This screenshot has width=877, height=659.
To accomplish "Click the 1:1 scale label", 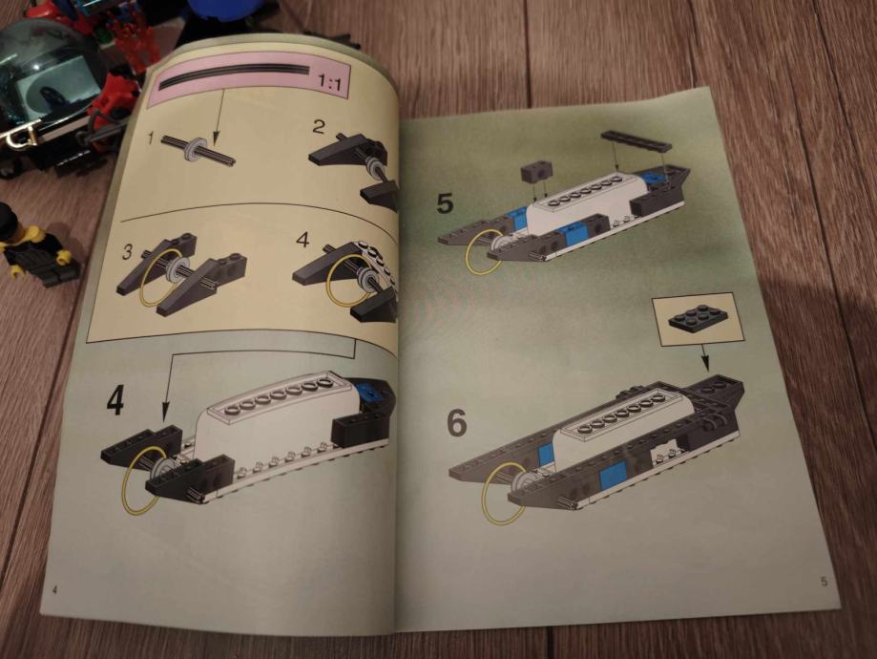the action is pos(330,84).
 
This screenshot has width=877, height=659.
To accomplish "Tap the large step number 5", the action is pos(446,202).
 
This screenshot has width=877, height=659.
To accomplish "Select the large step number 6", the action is pos(457,423).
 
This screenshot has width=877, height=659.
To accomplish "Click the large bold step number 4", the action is pos(115,400).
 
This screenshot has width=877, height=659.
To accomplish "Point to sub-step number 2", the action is pos(318,126).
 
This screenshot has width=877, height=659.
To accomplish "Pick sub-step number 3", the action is pos(128,252).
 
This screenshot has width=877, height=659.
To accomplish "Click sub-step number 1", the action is pos(150,138).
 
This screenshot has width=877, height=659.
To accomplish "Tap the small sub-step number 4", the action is pos(303,240).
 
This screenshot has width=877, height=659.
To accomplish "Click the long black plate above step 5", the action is pos(636,140).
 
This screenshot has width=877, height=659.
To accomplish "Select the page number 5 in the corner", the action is pos(824,582).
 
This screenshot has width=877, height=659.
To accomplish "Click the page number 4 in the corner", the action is pos(54,589).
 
